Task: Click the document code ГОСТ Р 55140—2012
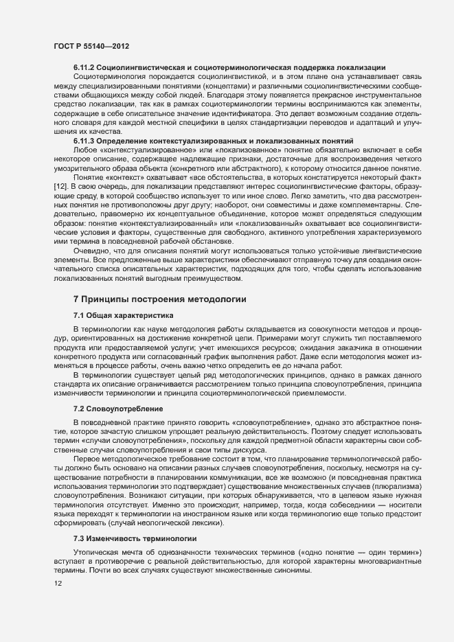point(91,45)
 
